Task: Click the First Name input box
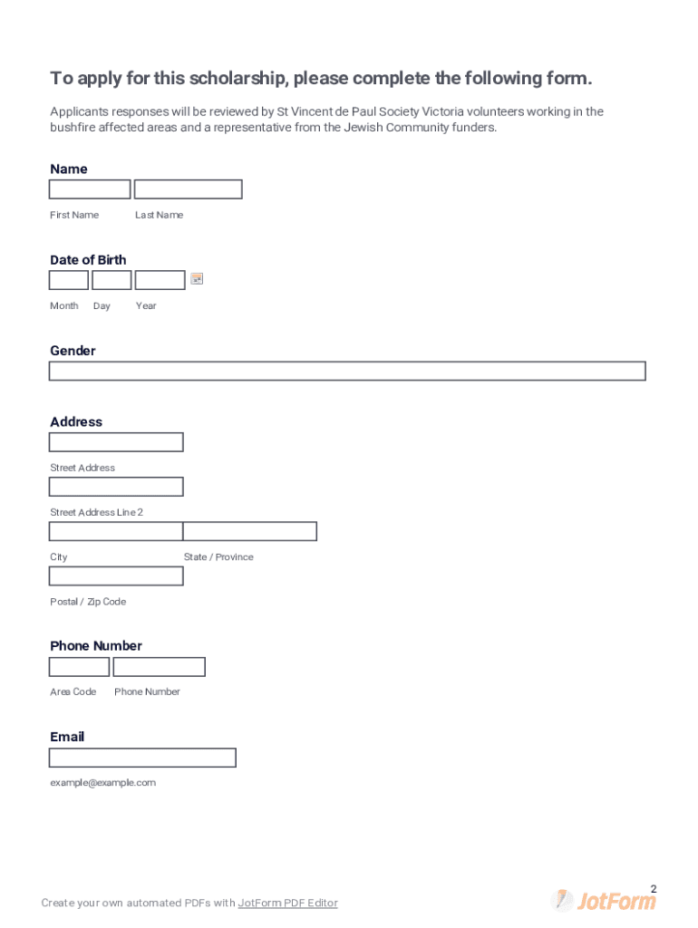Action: [90, 189]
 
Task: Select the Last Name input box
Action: [188, 189]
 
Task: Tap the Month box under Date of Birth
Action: [69, 280]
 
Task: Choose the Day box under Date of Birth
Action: [111, 280]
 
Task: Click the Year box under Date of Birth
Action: [160, 280]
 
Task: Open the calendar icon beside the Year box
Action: [197, 279]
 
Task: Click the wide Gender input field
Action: [347, 371]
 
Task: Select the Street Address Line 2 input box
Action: [116, 487]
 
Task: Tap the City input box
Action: [116, 531]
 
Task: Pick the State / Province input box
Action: [250, 531]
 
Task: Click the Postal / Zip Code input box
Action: [116, 575]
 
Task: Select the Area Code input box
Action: [79, 667]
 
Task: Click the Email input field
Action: [142, 758]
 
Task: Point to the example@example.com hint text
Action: [102, 782]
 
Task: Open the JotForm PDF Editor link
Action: [287, 903]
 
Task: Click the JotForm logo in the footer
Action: [605, 901]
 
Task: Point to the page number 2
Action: [654, 889]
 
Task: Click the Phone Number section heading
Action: [96, 645]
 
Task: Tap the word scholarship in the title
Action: [235, 79]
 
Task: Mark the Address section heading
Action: [76, 421]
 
